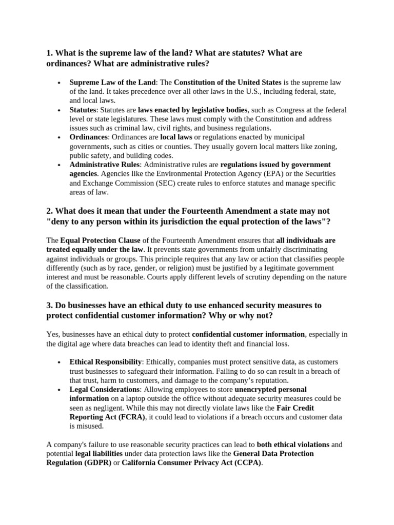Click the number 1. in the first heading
coord(50,53)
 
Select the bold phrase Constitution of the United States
coord(227,82)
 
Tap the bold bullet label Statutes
coord(83,110)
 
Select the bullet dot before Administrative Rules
coord(60,165)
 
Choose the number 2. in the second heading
coord(50,211)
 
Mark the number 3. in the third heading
coord(50,305)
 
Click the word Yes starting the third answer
coord(52,334)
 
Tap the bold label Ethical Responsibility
coord(106,362)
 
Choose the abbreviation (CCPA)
coord(247,463)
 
